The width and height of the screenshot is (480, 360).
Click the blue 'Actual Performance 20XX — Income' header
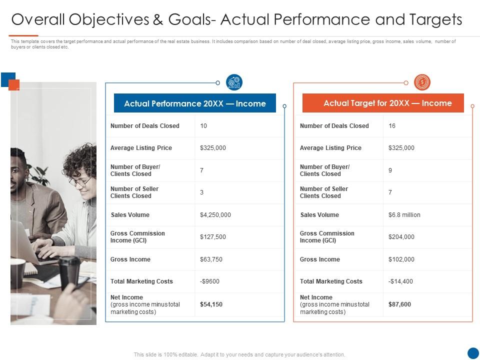pos(195,103)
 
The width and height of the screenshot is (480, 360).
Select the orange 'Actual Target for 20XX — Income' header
pos(383,103)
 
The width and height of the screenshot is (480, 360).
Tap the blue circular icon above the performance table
pos(234,82)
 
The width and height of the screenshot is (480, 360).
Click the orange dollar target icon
pos(422,82)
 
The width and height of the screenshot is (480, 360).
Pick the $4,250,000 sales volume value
pos(215,215)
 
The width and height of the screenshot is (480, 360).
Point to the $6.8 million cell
pos(404,215)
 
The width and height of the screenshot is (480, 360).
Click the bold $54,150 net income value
pos(211,304)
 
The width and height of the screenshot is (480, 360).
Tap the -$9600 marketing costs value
pos(209,281)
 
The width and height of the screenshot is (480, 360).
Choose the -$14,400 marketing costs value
pos(400,281)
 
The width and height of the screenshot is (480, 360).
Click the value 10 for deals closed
pos(203,126)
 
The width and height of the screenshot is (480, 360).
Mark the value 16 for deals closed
pos(392,126)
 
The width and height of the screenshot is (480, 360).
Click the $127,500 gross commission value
pos(213,237)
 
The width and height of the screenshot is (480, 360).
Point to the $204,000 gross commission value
pos(401,237)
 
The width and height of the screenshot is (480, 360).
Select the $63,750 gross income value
pos(211,259)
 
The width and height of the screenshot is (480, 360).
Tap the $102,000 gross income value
pos(401,259)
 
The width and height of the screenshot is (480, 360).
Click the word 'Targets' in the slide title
pos(433,19)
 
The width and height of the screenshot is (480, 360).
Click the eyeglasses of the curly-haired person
pos(80,181)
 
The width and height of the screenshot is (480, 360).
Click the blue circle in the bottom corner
pos(473,353)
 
